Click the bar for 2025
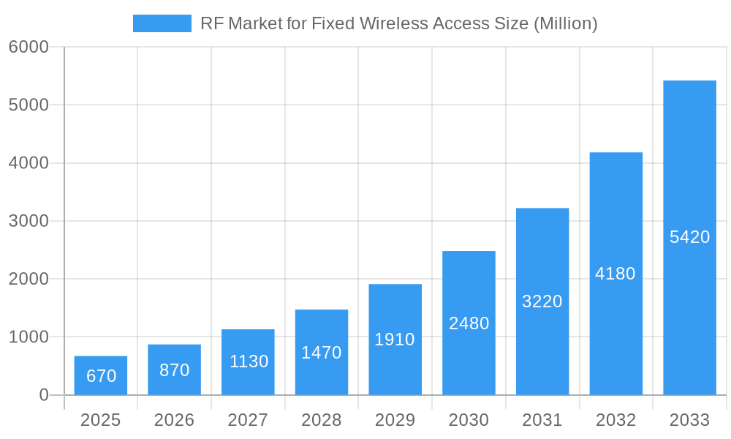[x=101, y=375]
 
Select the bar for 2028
[x=322, y=352]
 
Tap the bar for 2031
[x=542, y=301]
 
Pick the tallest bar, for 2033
[x=689, y=238]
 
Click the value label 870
[x=175, y=370]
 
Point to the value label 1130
[x=249, y=361]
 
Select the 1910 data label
[x=395, y=339]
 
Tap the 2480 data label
[x=469, y=323]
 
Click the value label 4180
[x=616, y=274]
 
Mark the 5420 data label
[x=689, y=237]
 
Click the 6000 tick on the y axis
[x=29, y=47]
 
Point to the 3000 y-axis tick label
[x=29, y=221]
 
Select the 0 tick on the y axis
[x=43, y=395]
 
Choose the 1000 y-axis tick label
[x=29, y=337]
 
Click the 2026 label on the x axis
[x=175, y=420]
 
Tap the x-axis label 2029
[x=395, y=420]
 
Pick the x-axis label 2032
[x=616, y=420]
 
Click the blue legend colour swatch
[x=162, y=23]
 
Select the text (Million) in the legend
[x=565, y=23]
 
